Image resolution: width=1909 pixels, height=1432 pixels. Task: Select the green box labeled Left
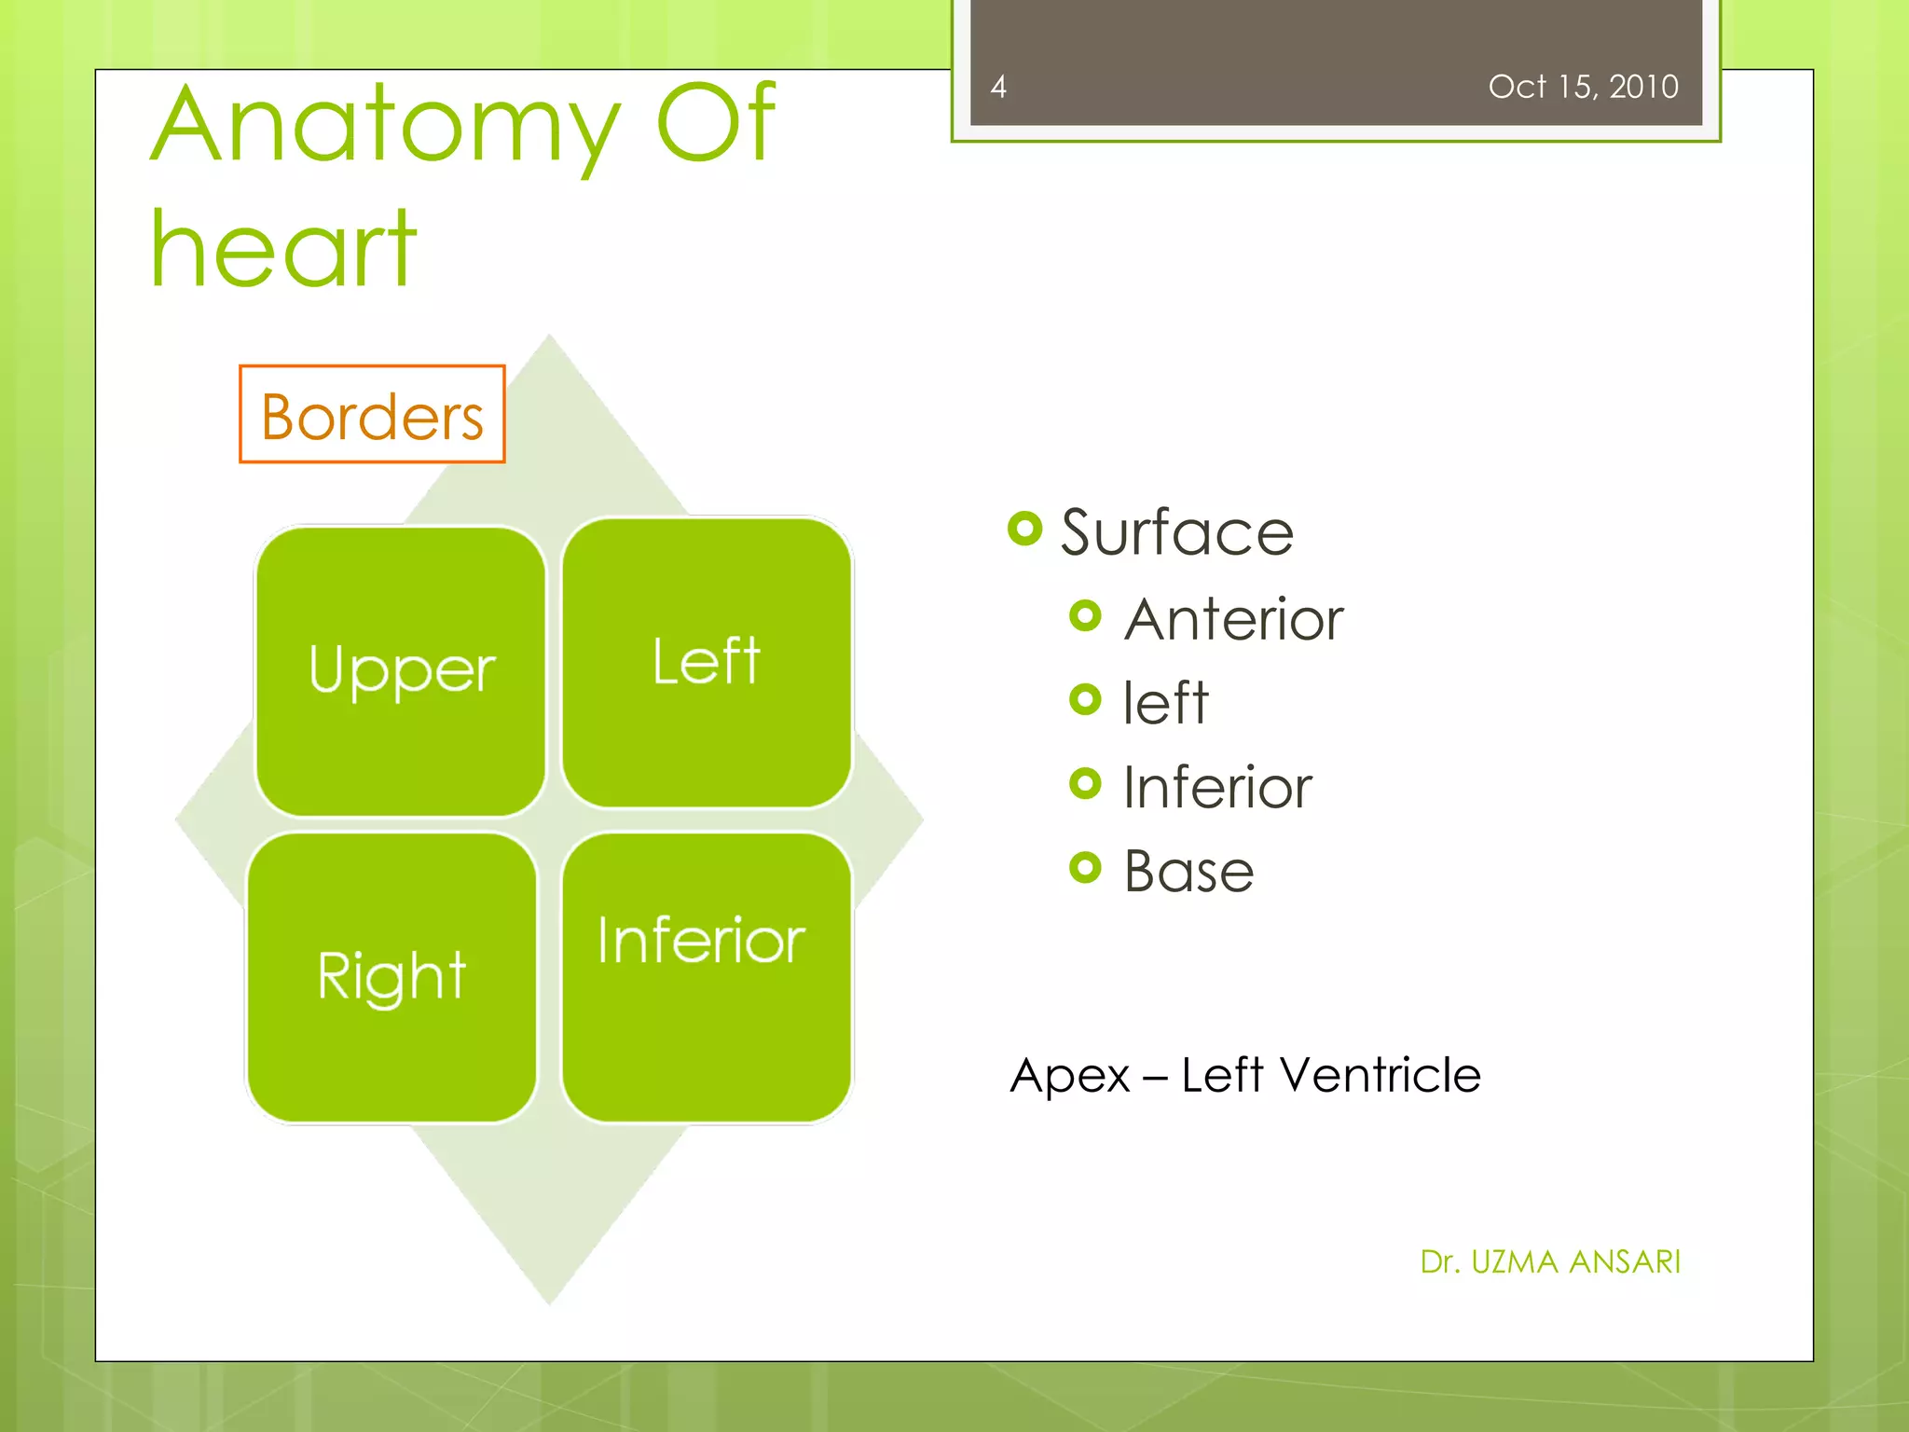(x=707, y=662)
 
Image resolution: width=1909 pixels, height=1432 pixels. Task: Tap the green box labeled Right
(x=391, y=977)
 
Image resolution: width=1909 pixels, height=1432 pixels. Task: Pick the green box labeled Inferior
(x=707, y=977)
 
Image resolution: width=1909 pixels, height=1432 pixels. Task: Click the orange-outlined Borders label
(x=372, y=415)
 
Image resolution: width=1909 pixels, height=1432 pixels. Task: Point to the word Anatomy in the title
(x=384, y=126)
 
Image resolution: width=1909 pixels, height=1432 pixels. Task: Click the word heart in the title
(x=283, y=250)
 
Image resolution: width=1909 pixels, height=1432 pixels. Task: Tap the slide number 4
(x=998, y=87)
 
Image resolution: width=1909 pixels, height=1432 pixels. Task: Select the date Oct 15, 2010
(x=1583, y=87)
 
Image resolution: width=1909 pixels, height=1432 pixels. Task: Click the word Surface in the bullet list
(x=1176, y=533)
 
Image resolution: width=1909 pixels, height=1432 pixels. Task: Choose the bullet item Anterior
(x=1233, y=619)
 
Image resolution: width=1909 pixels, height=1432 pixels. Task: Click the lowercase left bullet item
(x=1165, y=703)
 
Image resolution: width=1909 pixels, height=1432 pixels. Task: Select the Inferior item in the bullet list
(x=1217, y=787)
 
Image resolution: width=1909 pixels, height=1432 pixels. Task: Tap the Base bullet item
(x=1188, y=872)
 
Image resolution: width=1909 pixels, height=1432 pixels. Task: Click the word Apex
(x=1070, y=1077)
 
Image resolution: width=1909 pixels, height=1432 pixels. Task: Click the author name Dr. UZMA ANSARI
(x=1549, y=1261)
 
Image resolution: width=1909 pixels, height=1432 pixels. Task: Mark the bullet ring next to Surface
(x=1024, y=529)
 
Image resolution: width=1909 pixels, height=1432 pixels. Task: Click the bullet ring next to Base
(x=1085, y=867)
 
